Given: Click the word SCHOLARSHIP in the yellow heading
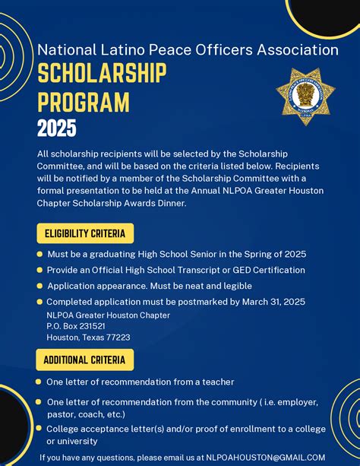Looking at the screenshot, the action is coord(102,74).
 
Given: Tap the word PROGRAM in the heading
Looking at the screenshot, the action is coord(84,102).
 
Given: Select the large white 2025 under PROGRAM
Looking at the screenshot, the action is coord(57,128).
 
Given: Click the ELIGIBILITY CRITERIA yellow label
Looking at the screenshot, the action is coord(85,233).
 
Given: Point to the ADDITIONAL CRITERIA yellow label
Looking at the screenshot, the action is coord(84,360).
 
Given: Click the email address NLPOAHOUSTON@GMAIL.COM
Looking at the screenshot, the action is coord(266,458).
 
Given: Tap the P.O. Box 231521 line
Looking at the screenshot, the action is coord(76,326).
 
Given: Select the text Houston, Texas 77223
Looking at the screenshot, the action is coord(88,338).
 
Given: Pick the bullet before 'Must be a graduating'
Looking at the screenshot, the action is coord(39,254).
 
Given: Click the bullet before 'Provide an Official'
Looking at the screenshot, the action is coord(39,270).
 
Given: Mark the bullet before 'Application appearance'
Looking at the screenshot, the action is coord(39,286).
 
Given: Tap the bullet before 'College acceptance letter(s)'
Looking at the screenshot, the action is coord(39,429).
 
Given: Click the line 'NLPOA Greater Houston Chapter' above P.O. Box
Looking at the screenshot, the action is coord(108,315).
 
